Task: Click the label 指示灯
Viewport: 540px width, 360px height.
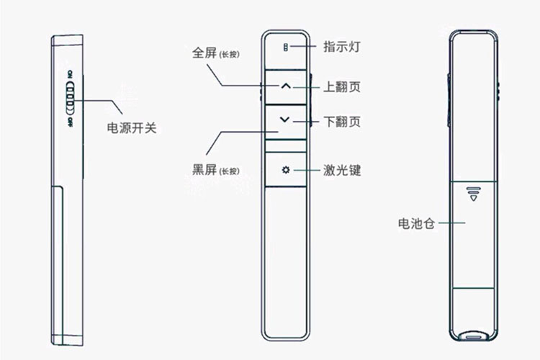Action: coord(341,48)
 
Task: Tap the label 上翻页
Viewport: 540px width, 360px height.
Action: coord(342,87)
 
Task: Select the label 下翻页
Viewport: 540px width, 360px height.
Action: coord(342,121)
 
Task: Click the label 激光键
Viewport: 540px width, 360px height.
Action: coord(342,171)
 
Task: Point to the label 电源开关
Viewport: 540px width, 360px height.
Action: coord(132,129)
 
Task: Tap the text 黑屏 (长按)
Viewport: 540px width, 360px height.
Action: coord(215,169)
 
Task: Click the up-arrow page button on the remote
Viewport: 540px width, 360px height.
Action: coord(286,86)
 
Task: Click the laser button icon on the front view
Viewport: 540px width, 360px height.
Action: coord(286,171)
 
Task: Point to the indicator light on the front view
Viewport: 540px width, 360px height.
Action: coord(286,48)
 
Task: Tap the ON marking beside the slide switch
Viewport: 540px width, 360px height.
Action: coord(70,75)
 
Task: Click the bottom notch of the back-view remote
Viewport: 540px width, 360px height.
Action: coord(473,335)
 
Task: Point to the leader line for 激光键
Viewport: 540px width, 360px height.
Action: coord(307,171)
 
